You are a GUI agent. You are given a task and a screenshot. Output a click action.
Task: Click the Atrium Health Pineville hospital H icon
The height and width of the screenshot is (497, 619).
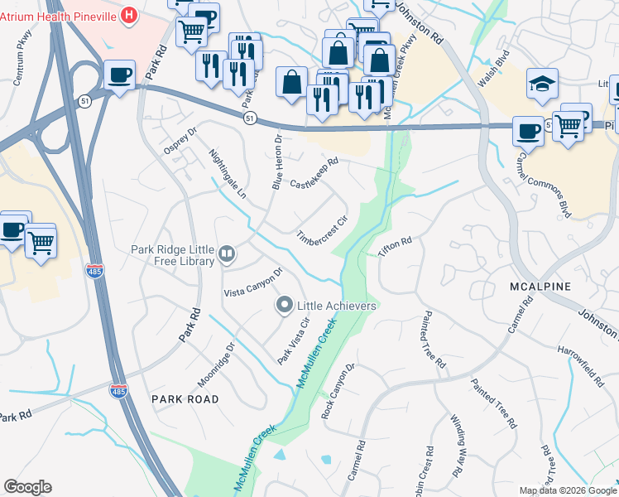[x=128, y=14]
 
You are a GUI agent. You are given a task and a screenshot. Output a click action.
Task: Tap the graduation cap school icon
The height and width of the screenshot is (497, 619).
[x=542, y=83]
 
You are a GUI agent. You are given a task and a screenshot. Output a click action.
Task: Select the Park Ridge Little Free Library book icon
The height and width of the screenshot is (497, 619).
[x=227, y=253]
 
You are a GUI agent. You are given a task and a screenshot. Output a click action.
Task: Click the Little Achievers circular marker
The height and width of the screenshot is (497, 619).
[x=285, y=306]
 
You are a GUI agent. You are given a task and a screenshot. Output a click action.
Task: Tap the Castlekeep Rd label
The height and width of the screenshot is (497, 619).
[x=314, y=172]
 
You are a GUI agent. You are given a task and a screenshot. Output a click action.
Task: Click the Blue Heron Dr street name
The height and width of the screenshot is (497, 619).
[x=277, y=162]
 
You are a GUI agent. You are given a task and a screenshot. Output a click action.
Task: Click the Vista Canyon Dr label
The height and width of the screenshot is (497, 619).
[x=254, y=282]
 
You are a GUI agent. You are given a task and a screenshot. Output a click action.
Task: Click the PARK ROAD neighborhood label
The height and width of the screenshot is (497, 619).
[x=185, y=398]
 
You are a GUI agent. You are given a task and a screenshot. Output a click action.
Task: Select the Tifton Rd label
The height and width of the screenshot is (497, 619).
[x=396, y=246]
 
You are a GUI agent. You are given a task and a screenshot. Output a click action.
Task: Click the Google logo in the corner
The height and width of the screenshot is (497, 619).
[x=27, y=487]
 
